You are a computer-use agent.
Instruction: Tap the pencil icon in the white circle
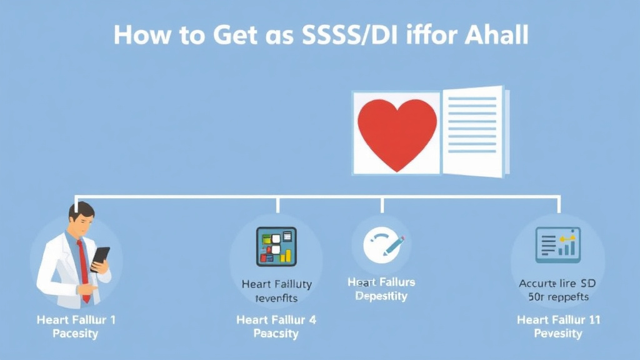tap(394, 246)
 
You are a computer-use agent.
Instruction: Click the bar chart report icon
tap(557, 244)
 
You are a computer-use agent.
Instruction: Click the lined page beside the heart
tap(473, 131)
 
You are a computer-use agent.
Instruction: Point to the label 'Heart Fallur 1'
tap(76, 319)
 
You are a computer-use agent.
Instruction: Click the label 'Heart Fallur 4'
tap(276, 319)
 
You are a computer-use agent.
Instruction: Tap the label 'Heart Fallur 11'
tap(558, 319)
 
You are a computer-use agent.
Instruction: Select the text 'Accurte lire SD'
tap(557, 283)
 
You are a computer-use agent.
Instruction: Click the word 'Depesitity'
tap(381, 296)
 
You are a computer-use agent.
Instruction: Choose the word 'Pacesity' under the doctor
tap(76, 334)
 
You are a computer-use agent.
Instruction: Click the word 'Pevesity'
tap(558, 334)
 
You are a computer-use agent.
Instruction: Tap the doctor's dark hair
tap(81, 209)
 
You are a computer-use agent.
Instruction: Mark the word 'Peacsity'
tap(276, 334)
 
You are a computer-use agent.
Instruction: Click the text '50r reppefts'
tap(557, 297)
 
